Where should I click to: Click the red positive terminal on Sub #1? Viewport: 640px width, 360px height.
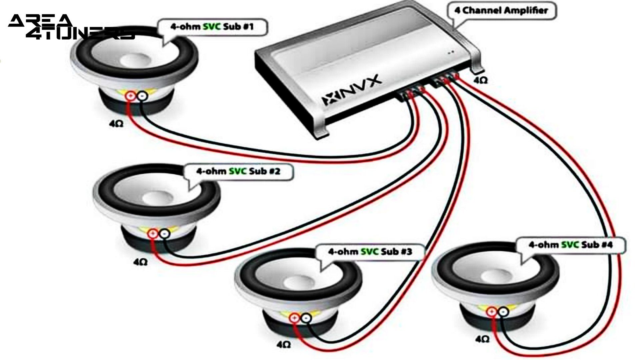point(130,96)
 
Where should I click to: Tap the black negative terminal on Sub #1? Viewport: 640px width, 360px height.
point(142,96)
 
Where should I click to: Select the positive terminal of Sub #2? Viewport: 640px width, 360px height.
point(153,234)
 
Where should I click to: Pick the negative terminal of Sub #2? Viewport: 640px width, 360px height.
point(164,234)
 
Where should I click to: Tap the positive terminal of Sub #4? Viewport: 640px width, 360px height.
point(491,312)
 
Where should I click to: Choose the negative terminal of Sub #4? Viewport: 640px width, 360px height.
point(503,312)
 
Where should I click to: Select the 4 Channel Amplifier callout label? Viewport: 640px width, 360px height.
point(501,11)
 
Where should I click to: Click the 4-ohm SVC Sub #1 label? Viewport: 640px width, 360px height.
point(212,27)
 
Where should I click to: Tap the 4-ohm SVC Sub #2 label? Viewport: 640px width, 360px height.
point(238,172)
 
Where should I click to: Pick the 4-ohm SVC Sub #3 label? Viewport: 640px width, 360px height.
point(370,251)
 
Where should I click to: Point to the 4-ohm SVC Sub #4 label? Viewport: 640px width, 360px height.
point(570,245)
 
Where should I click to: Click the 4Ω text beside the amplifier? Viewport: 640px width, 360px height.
point(480,80)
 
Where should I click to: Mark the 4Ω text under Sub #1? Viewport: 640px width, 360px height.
point(116,124)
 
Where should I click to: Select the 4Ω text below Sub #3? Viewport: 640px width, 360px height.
point(283,344)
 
